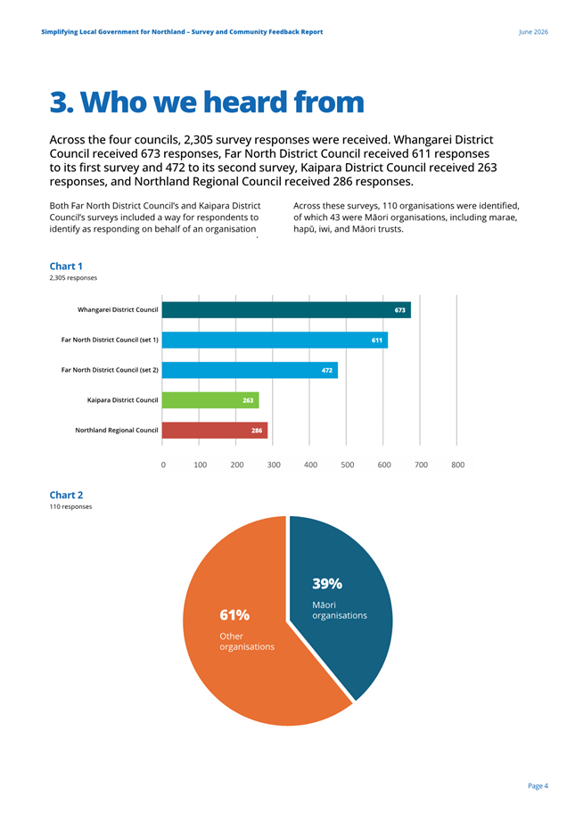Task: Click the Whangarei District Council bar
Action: click(x=286, y=310)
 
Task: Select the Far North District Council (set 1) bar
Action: click(x=275, y=341)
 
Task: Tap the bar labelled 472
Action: click(x=250, y=370)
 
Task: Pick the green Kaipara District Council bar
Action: click(x=210, y=400)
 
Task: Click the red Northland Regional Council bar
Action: click(x=215, y=431)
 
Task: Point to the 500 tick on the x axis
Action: click(x=348, y=465)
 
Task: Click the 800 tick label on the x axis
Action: click(x=458, y=465)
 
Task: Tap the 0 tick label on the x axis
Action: click(x=163, y=465)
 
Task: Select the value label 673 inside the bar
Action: click(x=399, y=310)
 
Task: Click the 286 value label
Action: click(x=257, y=431)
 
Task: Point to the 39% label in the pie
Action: click(x=327, y=584)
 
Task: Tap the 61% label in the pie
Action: click(x=234, y=615)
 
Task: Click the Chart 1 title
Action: click(x=66, y=266)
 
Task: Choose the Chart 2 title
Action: click(x=66, y=495)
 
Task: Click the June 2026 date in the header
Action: click(x=533, y=31)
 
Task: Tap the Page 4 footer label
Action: click(x=538, y=786)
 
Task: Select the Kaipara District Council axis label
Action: click(x=122, y=400)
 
